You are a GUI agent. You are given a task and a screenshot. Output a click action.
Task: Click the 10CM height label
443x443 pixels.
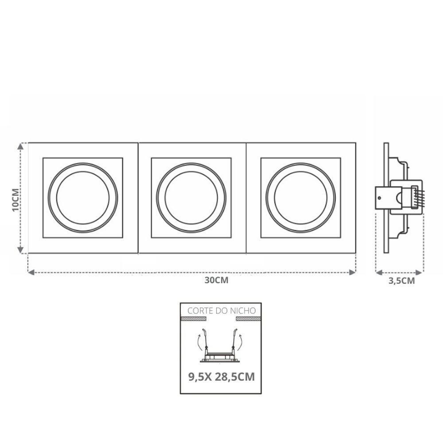pyautogui.click(x=16, y=200)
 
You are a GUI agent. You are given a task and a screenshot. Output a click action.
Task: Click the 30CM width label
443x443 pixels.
pyautogui.click(x=217, y=280)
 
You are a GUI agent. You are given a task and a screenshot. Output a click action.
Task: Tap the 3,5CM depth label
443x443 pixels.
pyautogui.click(x=401, y=281)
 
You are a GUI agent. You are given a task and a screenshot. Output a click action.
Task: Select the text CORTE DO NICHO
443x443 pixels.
pyautogui.click(x=221, y=311)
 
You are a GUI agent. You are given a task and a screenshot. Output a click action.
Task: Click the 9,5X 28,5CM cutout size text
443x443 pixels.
pyautogui.click(x=221, y=377)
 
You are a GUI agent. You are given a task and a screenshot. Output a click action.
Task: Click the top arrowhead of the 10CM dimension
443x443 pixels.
pyautogui.click(x=20, y=146)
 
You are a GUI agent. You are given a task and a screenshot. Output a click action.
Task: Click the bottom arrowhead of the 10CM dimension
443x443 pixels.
pyautogui.click(x=20, y=250)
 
